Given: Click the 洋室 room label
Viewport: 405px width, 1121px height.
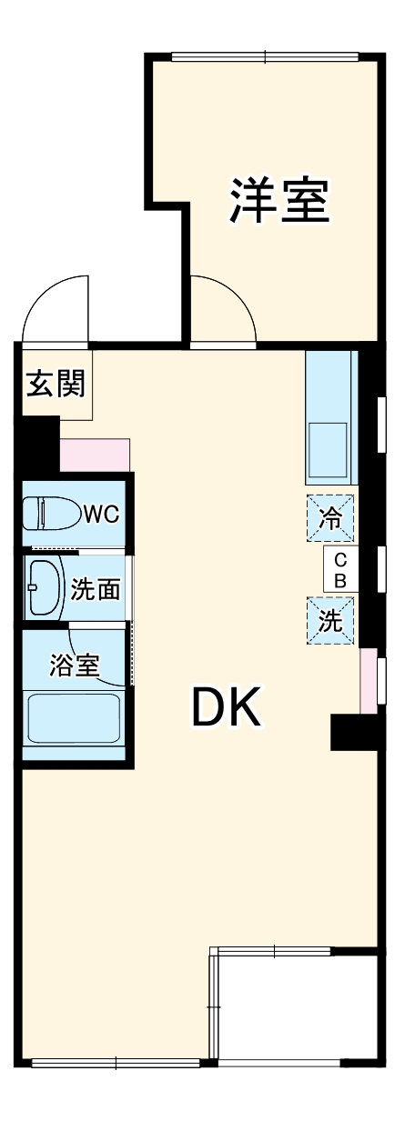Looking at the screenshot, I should tap(278, 201).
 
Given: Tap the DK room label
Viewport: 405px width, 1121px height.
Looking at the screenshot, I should tap(227, 707).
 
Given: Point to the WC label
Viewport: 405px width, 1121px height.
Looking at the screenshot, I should tap(100, 515).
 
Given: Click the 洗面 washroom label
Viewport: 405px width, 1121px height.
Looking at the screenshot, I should tap(96, 589).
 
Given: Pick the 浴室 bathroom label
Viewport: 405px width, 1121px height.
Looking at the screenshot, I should tap(74, 665).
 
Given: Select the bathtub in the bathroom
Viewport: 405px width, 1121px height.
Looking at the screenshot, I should tap(74, 719).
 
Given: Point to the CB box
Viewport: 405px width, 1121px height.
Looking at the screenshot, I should tap(339, 569).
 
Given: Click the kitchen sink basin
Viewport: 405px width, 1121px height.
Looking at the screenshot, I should tap(329, 448).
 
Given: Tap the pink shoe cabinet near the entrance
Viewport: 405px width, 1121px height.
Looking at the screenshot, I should tap(95, 455).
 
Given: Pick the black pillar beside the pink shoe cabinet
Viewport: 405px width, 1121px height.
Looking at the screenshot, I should tap(39, 443).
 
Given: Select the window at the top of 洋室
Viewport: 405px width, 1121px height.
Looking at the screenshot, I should tap(265, 58).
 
